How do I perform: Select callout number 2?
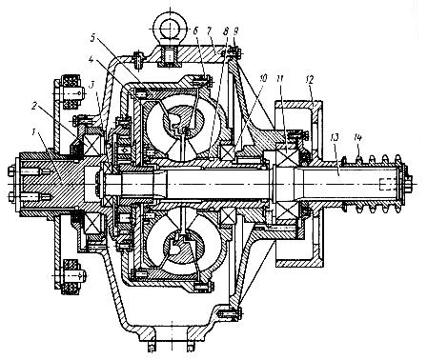pyautogui.click(x=36, y=106)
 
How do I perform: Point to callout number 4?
pyautogui.click(x=91, y=60)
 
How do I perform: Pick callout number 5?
pyautogui.click(x=92, y=37)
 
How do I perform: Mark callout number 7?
pyautogui.click(x=210, y=31)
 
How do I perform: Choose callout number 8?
pyautogui.click(x=226, y=31)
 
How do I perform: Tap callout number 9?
pyautogui.click(x=235, y=31)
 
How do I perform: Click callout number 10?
pyautogui.click(x=263, y=78)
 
